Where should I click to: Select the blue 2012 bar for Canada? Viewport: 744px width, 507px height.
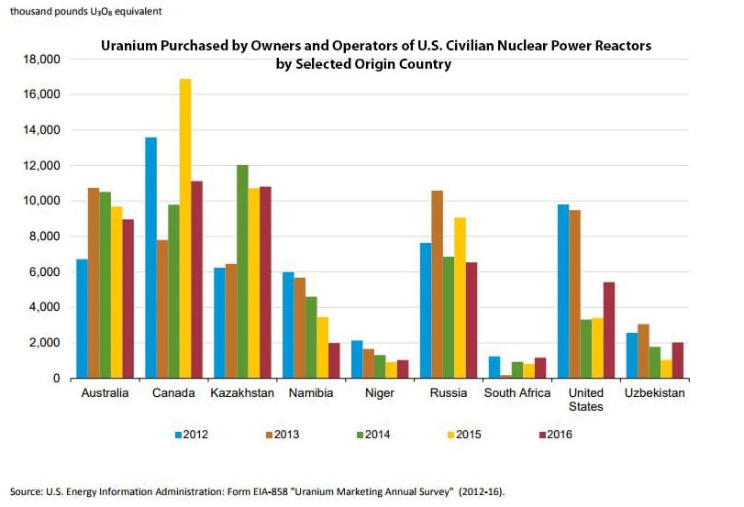pyautogui.click(x=150, y=258)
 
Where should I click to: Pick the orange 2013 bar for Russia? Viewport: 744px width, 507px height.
pyautogui.click(x=437, y=284)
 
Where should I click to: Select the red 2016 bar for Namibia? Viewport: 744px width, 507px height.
pyautogui.click(x=334, y=360)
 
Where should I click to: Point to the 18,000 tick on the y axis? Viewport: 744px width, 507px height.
pyautogui.click(x=39, y=60)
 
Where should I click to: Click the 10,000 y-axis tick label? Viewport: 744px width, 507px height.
pyautogui.click(x=39, y=201)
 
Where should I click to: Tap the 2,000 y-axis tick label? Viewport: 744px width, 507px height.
pyautogui.click(x=43, y=343)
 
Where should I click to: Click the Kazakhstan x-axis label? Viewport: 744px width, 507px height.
pyautogui.click(x=242, y=392)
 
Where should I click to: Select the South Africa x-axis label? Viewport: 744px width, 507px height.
pyautogui.click(x=517, y=392)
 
